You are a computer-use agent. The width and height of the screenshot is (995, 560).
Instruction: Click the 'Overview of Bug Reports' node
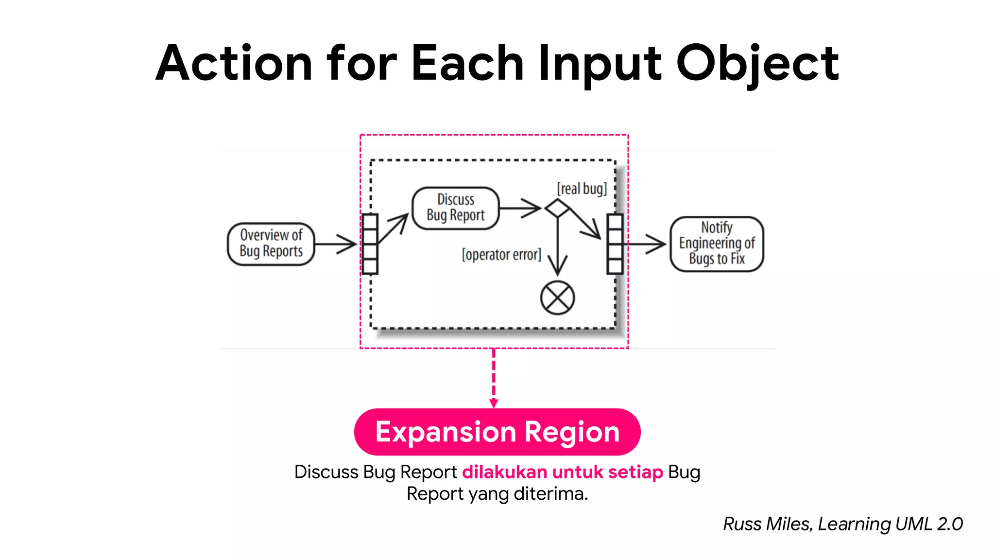(x=271, y=244)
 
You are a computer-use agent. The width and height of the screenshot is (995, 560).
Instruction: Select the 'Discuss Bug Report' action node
(x=455, y=208)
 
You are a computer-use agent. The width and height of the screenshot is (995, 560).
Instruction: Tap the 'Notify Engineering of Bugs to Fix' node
(x=717, y=244)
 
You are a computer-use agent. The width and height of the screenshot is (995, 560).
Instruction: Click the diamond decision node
(x=557, y=208)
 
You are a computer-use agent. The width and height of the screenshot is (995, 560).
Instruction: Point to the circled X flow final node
(x=557, y=297)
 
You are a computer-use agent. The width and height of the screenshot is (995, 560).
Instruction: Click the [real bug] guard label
(x=582, y=189)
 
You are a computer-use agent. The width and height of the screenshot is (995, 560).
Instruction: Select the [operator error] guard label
(x=501, y=254)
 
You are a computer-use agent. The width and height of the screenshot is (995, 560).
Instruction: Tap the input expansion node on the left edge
(x=370, y=244)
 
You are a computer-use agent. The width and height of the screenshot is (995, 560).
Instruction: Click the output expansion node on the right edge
(x=615, y=244)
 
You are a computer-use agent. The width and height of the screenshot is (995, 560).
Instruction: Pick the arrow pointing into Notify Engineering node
(x=646, y=244)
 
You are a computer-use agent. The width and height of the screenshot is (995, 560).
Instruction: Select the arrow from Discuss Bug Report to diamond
(x=520, y=208)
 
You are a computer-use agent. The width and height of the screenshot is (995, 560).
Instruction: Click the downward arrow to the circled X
(x=557, y=248)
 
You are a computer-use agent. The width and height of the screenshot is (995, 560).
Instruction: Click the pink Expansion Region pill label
(x=497, y=432)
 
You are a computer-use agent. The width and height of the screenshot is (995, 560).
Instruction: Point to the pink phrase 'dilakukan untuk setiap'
(x=562, y=472)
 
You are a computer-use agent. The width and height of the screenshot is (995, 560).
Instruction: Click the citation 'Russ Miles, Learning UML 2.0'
(x=842, y=524)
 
